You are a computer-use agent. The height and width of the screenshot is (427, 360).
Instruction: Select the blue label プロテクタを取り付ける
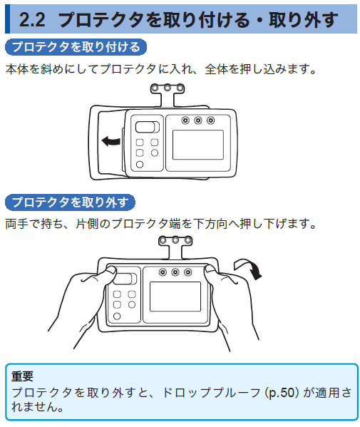click(77, 48)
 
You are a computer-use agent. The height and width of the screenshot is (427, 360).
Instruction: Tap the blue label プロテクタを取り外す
click(70, 202)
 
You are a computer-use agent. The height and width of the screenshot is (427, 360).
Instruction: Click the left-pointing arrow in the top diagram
click(111, 141)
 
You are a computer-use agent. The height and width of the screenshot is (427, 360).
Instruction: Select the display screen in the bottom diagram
click(175, 296)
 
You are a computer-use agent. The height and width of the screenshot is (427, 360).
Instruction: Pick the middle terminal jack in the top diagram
click(198, 120)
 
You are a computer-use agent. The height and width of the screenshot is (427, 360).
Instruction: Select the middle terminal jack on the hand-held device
click(173, 272)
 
